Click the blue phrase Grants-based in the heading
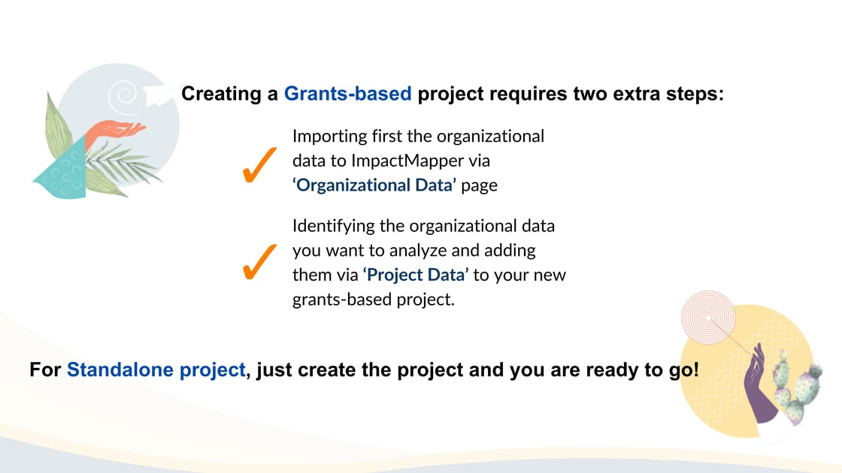347,94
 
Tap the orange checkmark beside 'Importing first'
259,164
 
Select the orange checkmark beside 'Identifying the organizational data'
259,262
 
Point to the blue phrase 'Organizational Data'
374,185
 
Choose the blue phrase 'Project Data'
416,275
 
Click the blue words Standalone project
156,370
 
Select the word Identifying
333,226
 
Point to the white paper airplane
162,95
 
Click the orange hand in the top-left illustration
114,131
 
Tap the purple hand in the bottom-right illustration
759,384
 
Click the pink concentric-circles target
708,318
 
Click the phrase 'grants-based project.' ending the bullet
373,300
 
